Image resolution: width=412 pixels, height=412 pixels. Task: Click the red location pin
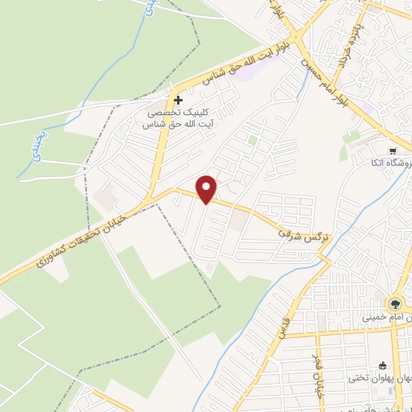[208, 188]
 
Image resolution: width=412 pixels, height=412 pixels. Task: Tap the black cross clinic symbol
[178, 100]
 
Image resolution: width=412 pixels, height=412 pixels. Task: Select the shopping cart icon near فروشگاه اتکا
[392, 151]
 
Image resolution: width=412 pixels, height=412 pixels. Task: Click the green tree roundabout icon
[395, 303]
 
